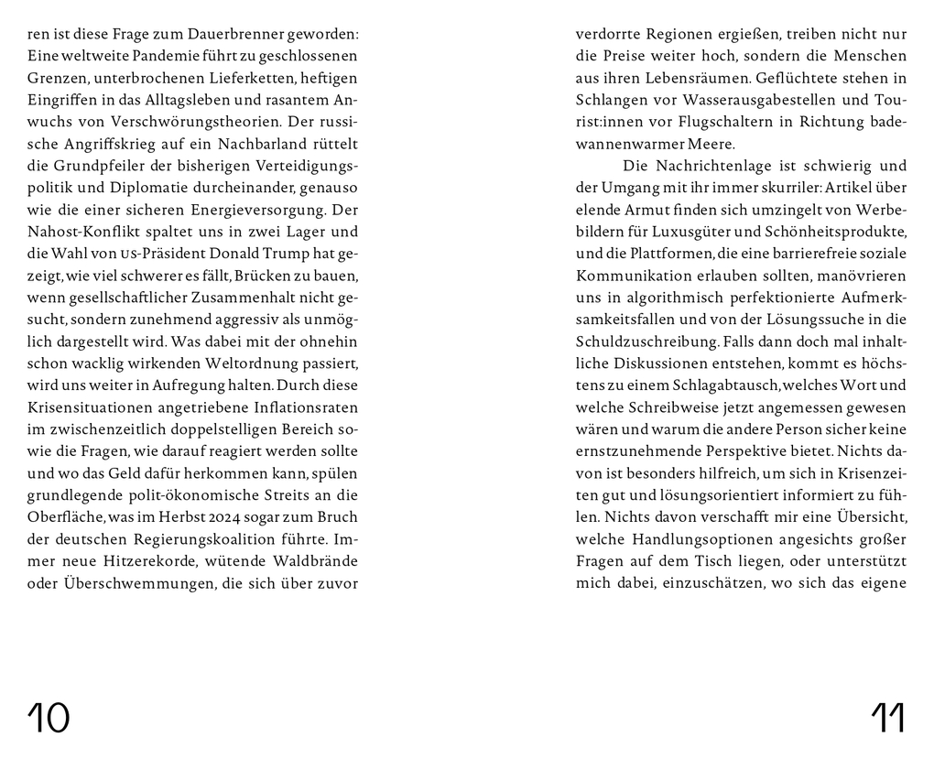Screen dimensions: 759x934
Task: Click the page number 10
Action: pyautogui.click(x=49, y=719)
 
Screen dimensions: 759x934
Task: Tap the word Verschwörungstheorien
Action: pyautogui.click(x=184, y=121)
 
